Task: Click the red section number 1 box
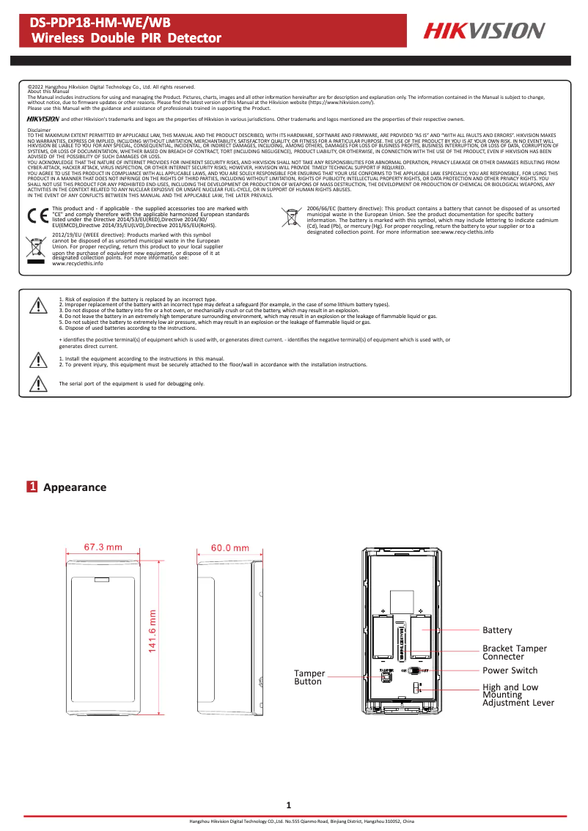coord(32,487)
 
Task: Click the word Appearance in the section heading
coord(75,487)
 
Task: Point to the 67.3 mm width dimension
coord(103,547)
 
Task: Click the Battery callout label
coord(497,630)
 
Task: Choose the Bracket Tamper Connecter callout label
coord(514,652)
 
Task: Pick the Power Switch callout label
coord(510,671)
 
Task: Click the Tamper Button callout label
coord(309,677)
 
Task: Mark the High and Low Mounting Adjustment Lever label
coord(518,695)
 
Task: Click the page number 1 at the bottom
coord(289,805)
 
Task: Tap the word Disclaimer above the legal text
coord(39,129)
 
